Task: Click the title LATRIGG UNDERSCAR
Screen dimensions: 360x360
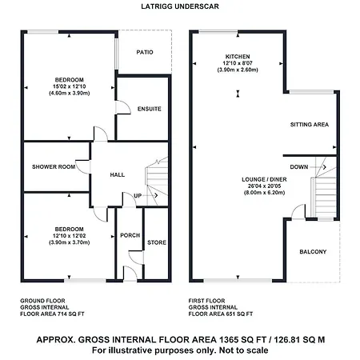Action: (180, 6)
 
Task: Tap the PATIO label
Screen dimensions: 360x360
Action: (145, 52)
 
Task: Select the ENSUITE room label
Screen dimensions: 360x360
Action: (150, 109)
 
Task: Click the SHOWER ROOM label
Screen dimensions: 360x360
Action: (54, 167)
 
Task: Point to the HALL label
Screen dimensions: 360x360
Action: (118, 175)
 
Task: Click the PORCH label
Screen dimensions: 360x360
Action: (130, 235)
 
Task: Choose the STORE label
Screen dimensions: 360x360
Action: (157, 242)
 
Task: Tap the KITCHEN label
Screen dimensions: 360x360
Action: (238, 57)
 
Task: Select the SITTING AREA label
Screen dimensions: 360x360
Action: (310, 125)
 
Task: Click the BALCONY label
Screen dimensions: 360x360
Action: (313, 252)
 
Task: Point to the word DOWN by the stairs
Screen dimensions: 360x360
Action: (299, 167)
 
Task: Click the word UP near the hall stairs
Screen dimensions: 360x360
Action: (138, 196)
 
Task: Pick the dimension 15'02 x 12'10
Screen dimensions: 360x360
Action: (70, 86)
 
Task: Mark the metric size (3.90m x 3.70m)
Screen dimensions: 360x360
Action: (70, 242)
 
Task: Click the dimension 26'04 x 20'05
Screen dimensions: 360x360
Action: (265, 186)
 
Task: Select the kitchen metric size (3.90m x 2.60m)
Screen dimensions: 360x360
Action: (238, 70)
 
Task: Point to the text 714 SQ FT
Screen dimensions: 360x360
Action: (70, 314)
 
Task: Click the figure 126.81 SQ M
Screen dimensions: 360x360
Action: (300, 340)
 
